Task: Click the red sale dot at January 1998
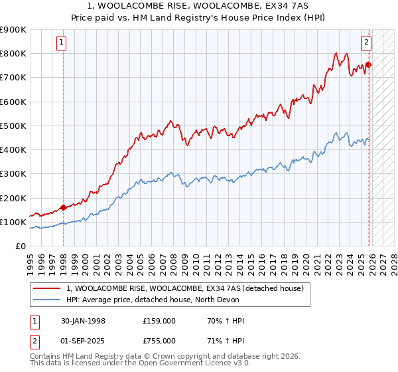coord(63,207)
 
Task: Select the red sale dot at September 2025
coord(369,64)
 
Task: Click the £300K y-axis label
coord(13,174)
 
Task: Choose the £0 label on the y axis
coord(21,246)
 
